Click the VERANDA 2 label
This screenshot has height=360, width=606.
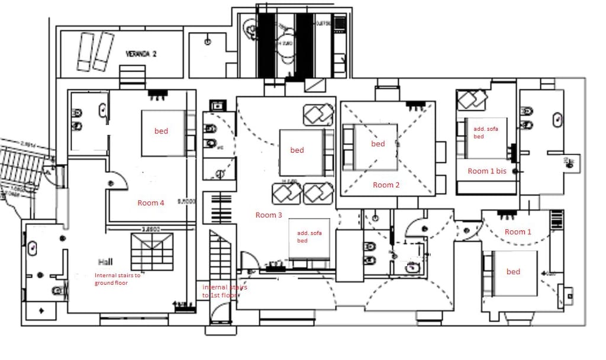tap(141, 54)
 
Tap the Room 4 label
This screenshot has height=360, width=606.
tap(151, 203)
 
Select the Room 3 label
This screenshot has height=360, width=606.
tap(269, 215)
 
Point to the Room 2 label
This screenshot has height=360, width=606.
tap(386, 185)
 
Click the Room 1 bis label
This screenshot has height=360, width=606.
tap(486, 171)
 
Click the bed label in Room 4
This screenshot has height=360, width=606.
tap(161, 131)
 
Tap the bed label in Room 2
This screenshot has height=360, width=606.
tap(378, 144)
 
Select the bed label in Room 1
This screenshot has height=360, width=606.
tap(513, 272)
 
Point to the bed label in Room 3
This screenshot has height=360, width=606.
tap(297, 150)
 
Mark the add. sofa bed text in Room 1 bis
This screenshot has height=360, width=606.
tap(483, 132)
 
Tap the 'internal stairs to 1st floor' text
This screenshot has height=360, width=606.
tap(224, 291)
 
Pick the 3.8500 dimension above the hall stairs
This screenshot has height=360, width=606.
tap(150, 229)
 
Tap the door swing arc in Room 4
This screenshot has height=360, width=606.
tap(117, 179)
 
